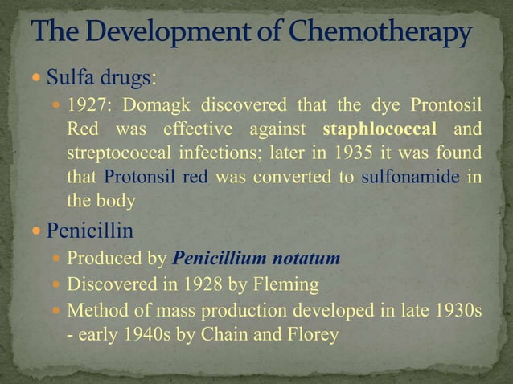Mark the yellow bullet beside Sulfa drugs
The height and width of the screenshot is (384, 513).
pos(36,80)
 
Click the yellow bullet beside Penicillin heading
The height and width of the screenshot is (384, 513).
pos(36,232)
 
